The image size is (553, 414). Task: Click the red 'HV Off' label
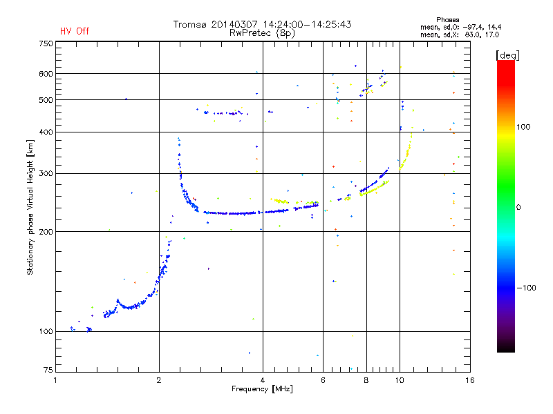(74, 31)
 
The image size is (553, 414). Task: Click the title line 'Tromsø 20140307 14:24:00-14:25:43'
(263, 24)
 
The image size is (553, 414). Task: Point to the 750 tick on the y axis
(46, 43)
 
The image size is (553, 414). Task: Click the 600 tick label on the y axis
(46, 73)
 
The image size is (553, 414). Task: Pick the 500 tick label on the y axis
(46, 99)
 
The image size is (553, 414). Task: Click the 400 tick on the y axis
(46, 132)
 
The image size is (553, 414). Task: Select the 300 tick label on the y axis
(46, 172)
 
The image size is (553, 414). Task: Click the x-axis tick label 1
(56, 380)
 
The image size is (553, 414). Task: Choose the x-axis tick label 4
(263, 380)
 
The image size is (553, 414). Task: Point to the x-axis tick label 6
(323, 380)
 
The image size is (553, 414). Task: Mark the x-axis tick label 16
(469, 380)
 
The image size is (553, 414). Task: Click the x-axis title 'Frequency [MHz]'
(263, 390)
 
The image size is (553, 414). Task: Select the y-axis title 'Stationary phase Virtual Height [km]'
(30, 207)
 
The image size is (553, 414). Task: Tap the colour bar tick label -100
(529, 288)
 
